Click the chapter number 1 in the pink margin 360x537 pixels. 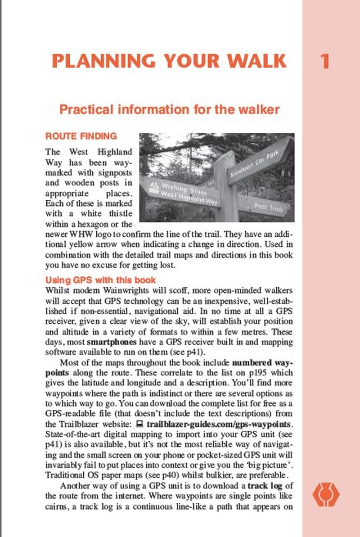point(325,61)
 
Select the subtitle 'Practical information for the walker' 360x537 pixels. point(170,109)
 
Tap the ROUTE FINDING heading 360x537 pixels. point(81,136)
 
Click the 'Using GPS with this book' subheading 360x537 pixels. point(101,280)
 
